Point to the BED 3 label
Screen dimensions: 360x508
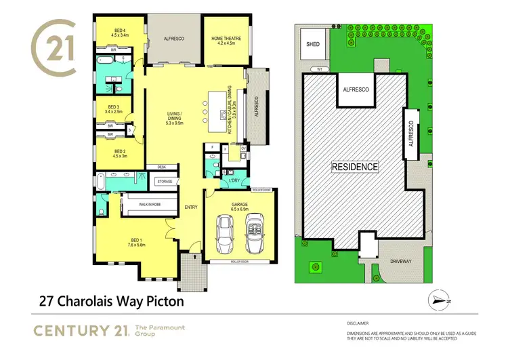(112, 108)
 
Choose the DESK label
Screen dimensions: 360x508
(161, 167)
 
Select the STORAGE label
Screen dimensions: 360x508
(165, 182)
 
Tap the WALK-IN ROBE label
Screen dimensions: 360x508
(149, 204)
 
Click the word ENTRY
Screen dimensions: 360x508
(190, 207)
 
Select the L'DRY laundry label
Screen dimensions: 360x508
(236, 180)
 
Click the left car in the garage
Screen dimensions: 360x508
(225, 234)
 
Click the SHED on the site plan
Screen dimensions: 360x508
(313, 44)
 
